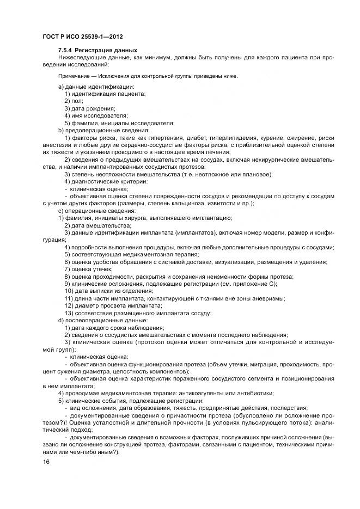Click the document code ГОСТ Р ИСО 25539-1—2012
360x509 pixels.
82,36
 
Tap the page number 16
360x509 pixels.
46,462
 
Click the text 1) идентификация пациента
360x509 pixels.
105,94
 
